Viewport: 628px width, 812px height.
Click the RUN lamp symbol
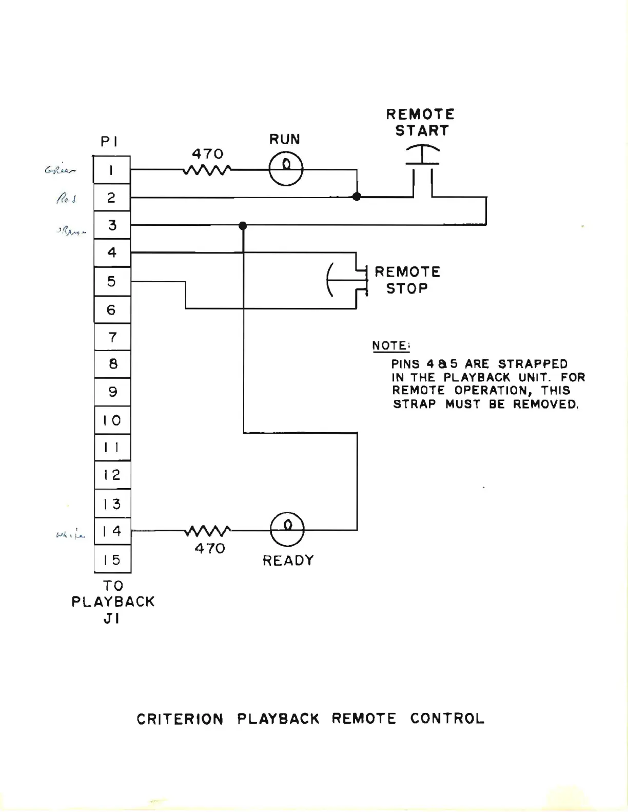(x=286, y=169)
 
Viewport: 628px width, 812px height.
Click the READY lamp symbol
(x=287, y=529)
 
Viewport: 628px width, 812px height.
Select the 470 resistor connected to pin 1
(x=207, y=169)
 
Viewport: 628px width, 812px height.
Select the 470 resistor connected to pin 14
(x=208, y=530)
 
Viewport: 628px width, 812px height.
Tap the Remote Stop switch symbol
(x=349, y=280)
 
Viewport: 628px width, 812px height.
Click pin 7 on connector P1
(x=112, y=337)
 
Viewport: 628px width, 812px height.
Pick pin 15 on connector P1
(x=112, y=559)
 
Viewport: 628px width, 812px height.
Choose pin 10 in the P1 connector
(x=112, y=420)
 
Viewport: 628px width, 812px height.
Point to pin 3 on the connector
(x=112, y=225)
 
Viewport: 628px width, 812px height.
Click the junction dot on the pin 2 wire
(x=357, y=197)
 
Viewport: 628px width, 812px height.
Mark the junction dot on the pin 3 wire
(x=243, y=225)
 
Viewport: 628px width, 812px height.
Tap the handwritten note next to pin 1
(x=61, y=170)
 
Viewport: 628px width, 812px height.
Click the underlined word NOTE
(x=391, y=346)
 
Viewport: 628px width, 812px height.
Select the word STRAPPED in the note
(x=533, y=364)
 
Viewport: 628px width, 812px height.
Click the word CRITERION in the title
(x=180, y=719)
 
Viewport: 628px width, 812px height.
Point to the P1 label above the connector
(x=109, y=141)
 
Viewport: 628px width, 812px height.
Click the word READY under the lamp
(x=288, y=560)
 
